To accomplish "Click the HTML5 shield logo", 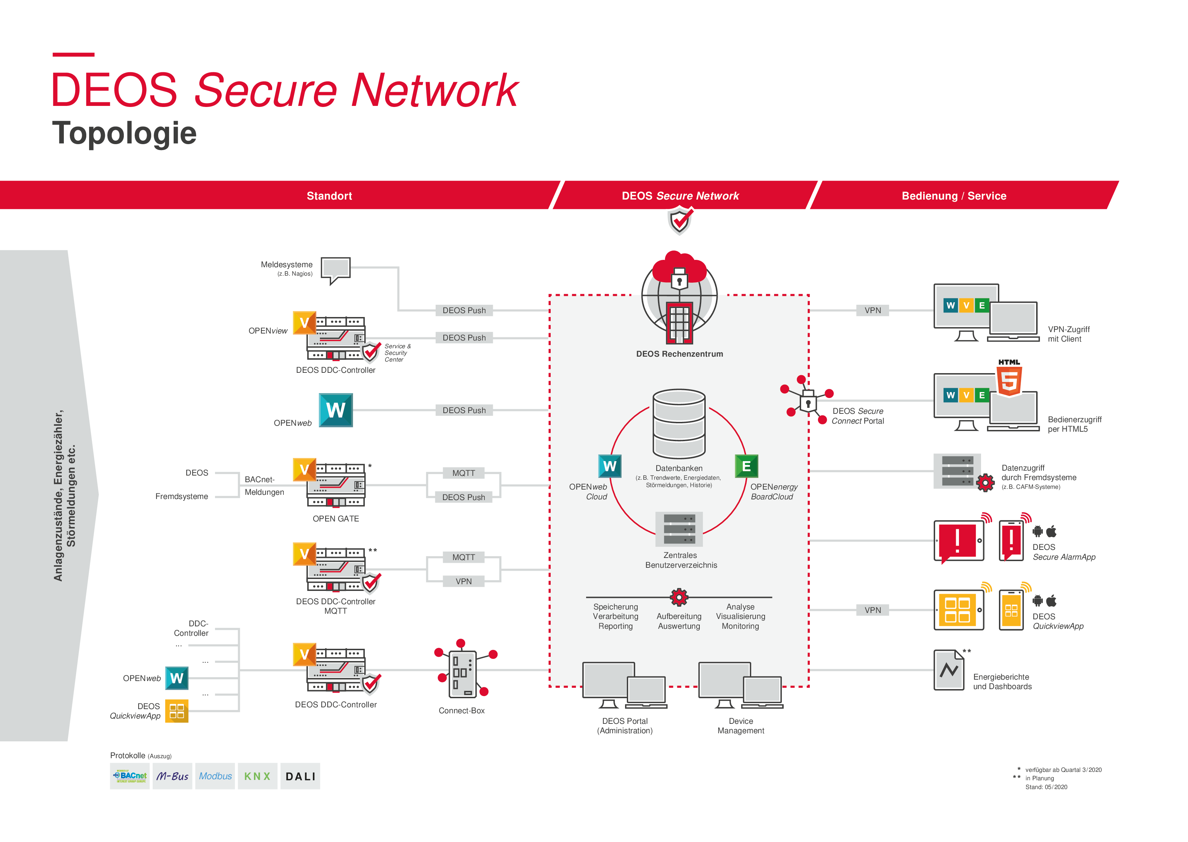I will click(1008, 380).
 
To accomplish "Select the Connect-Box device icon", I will click(462, 674).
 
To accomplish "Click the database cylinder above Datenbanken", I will click(679, 423).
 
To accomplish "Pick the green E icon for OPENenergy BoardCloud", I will click(746, 466).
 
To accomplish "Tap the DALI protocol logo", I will click(300, 776).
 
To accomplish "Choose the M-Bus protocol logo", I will click(172, 776).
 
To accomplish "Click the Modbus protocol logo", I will click(215, 776).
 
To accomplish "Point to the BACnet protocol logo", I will click(130, 776).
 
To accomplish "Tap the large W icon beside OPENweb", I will click(336, 410).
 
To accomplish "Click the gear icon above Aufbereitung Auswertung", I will click(679, 597).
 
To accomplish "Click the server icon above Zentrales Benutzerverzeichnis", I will click(679, 529).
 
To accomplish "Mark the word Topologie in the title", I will click(125, 133).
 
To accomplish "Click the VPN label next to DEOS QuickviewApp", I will click(872, 610).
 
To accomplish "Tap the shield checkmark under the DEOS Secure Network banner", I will click(679, 220).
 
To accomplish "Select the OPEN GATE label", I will click(336, 518).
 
